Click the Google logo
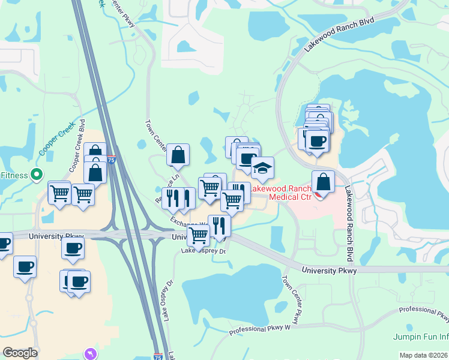coord(20,353)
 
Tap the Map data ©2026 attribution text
coord(424,355)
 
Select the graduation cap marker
coord(262,169)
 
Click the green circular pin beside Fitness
coord(37,175)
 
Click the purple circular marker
coord(91,353)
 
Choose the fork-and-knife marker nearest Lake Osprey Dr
coord(219,226)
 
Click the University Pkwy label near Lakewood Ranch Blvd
coord(329,271)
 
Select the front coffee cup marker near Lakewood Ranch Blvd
coord(316,142)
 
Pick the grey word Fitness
coord(13,175)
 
